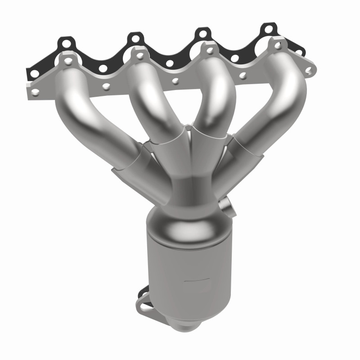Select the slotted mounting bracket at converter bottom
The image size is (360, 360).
click(144, 301)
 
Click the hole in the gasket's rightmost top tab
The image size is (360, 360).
click(269, 29)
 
